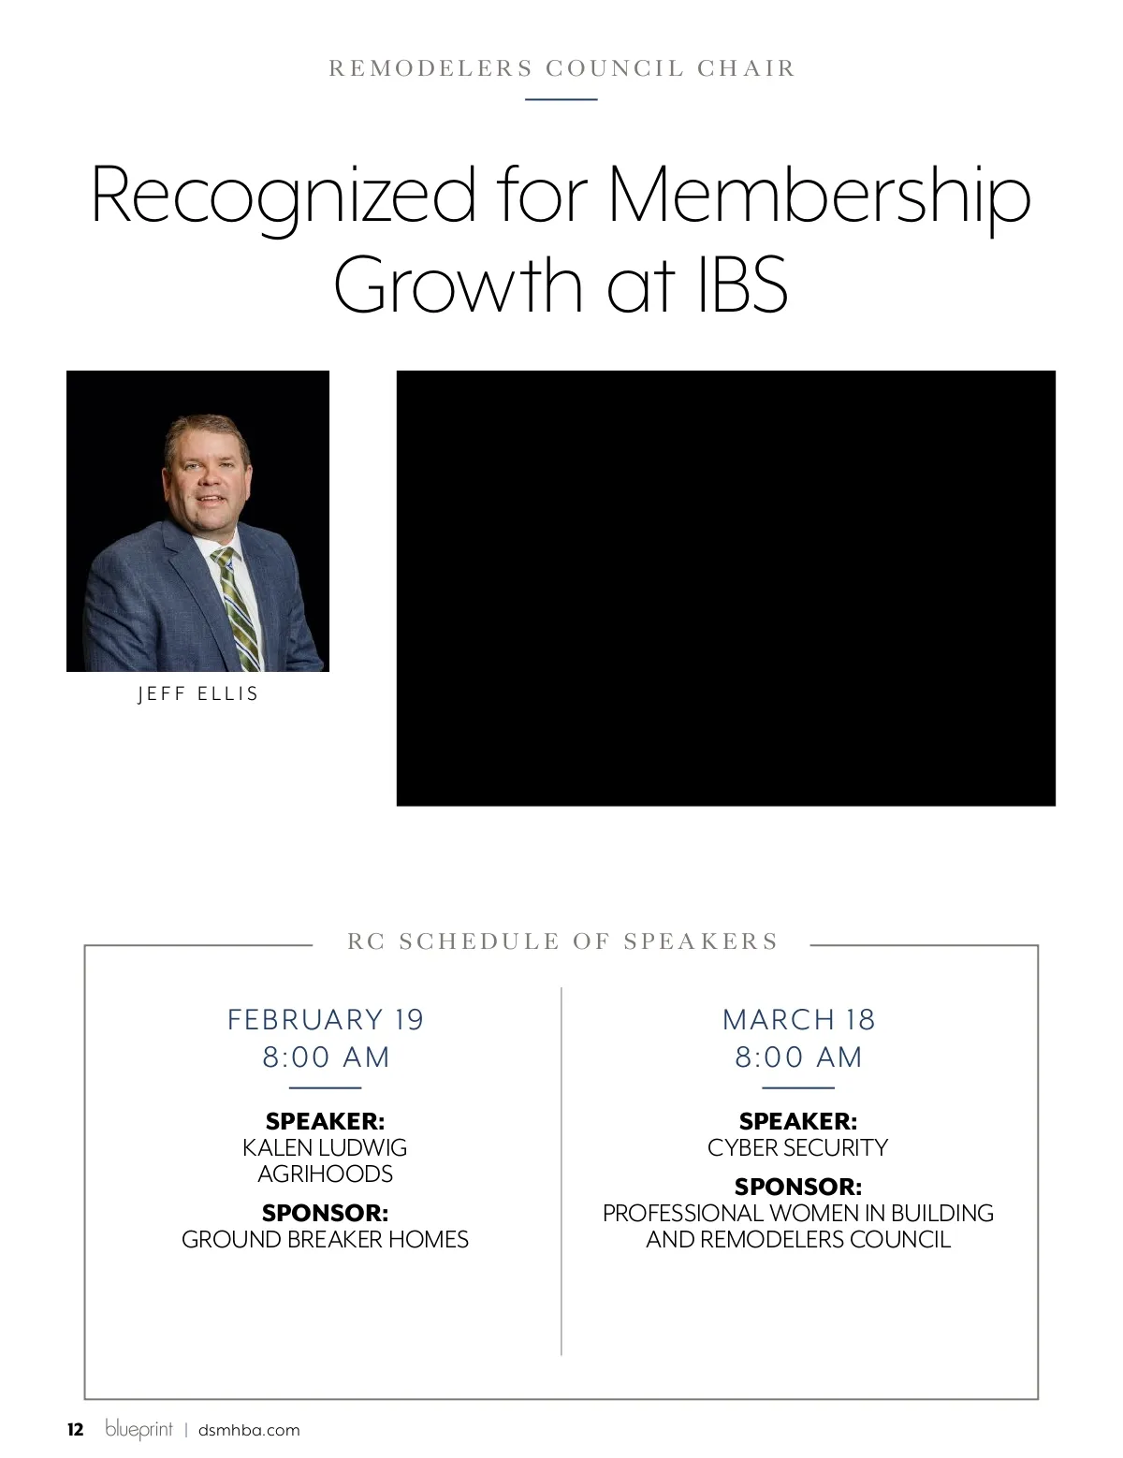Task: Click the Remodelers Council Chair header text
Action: [x=561, y=68]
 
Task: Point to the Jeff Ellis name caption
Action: [x=197, y=694]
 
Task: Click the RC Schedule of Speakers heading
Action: [x=562, y=941]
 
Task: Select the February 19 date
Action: [x=326, y=1019]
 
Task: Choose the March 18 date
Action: [x=798, y=1019]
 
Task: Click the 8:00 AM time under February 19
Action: [x=326, y=1057]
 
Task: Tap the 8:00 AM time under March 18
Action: [x=798, y=1057]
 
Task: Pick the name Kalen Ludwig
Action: [x=325, y=1147]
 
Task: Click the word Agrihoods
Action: [x=325, y=1174]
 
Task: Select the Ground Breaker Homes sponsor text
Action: [x=325, y=1239]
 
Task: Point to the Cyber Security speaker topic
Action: [x=797, y=1147]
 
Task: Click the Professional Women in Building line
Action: [x=797, y=1213]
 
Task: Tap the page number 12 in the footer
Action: [x=75, y=1430]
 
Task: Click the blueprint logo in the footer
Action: [x=139, y=1429]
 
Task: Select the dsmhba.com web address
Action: [x=249, y=1430]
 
